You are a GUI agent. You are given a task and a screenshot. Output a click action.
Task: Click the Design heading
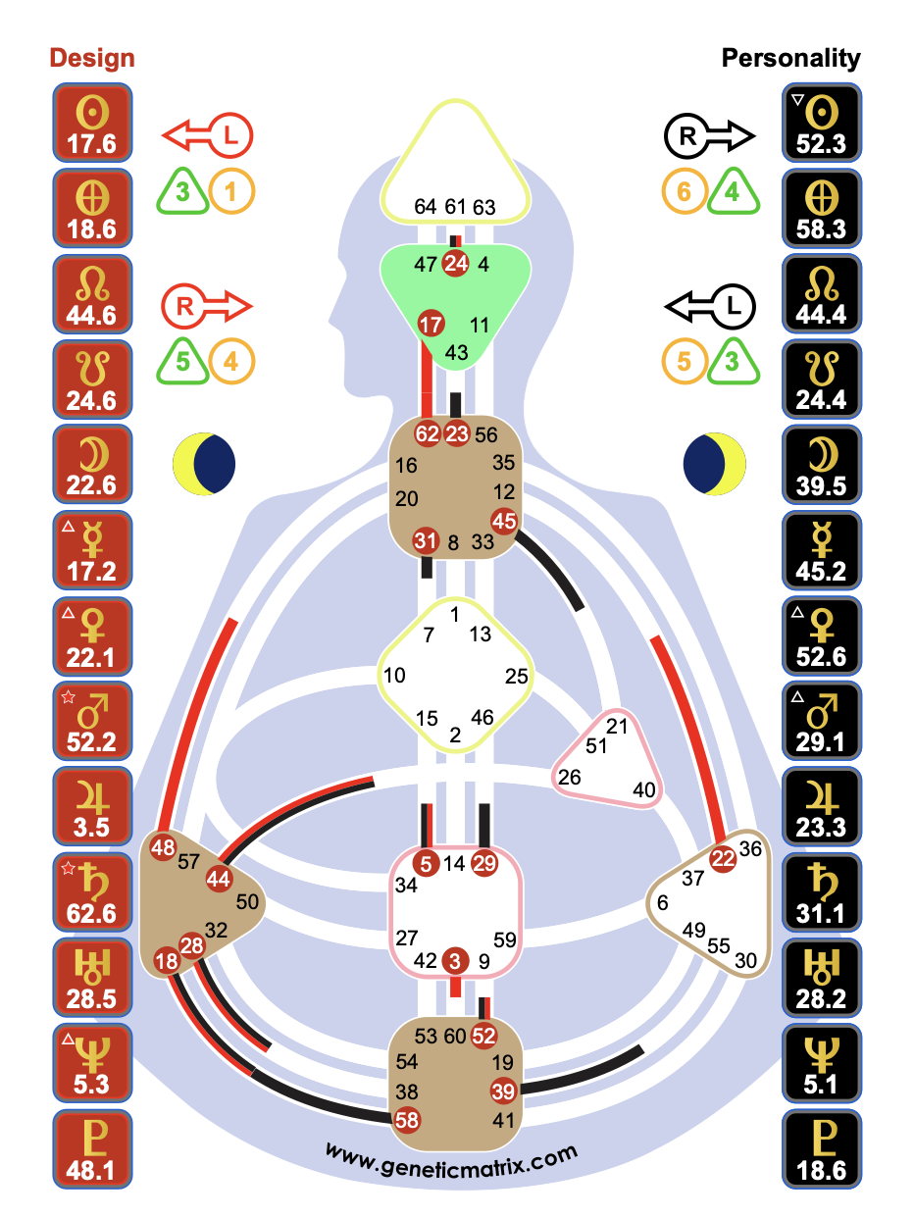tap(91, 58)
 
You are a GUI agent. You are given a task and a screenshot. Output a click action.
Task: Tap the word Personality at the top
tap(790, 58)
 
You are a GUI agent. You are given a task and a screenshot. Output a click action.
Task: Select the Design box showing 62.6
tap(91, 891)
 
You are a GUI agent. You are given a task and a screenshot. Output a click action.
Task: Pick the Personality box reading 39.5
tap(822, 465)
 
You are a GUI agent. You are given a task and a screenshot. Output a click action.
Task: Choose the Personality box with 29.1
tap(822, 721)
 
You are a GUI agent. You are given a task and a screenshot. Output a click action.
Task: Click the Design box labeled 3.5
tap(91, 806)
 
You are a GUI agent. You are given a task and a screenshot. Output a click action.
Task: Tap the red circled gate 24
tap(456, 263)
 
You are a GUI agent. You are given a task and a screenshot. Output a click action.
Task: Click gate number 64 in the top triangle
tap(426, 207)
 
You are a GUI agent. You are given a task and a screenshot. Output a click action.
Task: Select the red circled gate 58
tap(407, 1118)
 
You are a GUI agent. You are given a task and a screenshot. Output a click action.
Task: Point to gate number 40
tap(643, 789)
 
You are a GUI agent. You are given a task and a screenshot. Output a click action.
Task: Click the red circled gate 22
tap(723, 858)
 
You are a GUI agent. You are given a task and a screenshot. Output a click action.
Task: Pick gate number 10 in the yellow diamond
tap(394, 676)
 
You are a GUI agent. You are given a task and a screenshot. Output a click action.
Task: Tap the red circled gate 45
tap(504, 521)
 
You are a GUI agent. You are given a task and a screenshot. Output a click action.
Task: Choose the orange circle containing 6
tap(685, 190)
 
